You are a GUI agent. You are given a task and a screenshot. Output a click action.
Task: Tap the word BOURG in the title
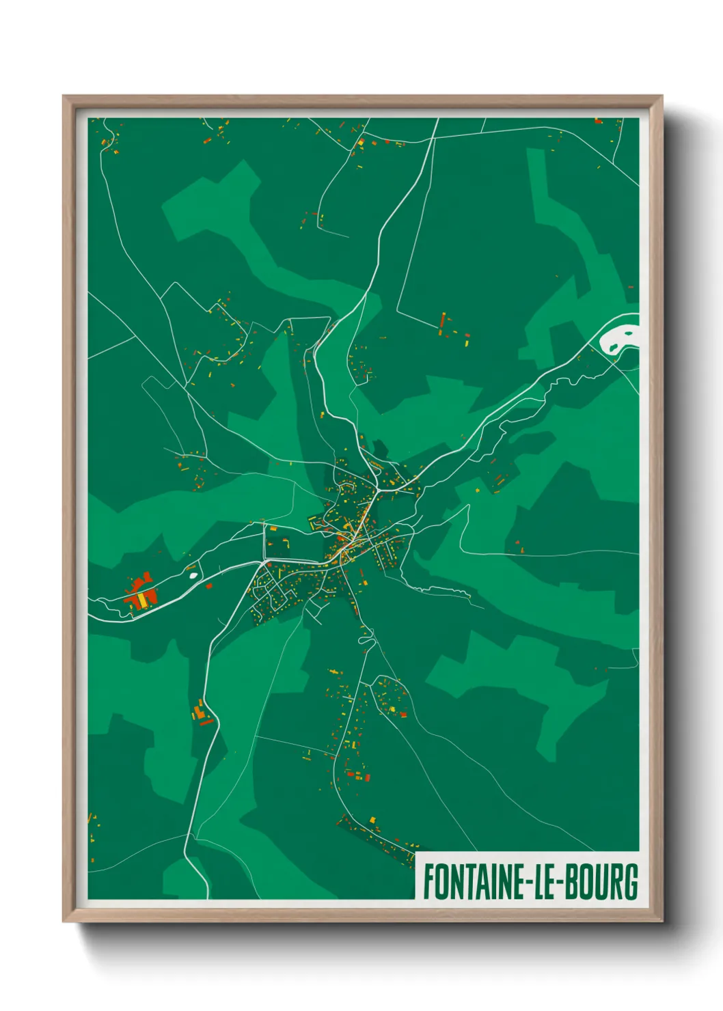602,882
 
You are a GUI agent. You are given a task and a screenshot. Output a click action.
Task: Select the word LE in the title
543,882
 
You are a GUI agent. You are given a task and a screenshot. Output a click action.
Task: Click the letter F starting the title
428,882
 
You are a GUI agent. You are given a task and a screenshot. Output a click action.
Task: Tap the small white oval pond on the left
193,574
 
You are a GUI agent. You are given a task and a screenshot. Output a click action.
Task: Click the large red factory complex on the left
141,592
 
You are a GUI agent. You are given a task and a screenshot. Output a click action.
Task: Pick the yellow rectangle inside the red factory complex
142,600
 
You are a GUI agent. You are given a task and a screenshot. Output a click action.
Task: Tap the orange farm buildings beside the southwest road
200,714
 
